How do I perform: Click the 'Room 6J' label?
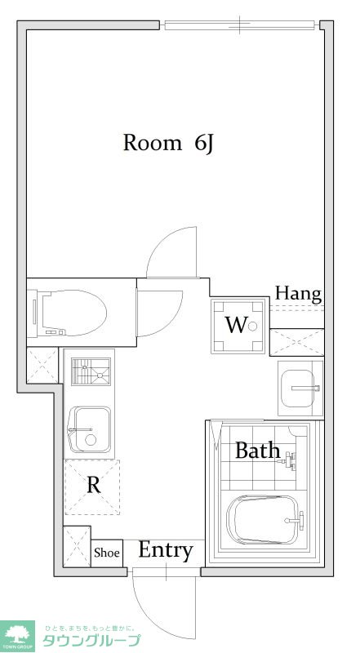(x=168, y=144)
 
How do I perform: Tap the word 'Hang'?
(x=298, y=294)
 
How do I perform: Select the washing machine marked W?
(x=238, y=326)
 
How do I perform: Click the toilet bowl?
(x=71, y=313)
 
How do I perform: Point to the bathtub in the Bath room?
(x=264, y=520)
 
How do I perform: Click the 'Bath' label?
(x=257, y=451)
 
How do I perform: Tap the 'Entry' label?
(x=166, y=550)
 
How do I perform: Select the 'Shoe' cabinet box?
(x=107, y=553)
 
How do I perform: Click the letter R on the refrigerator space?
(x=93, y=485)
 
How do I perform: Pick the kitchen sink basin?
(x=89, y=430)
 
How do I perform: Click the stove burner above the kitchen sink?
(x=91, y=372)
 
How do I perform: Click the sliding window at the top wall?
(x=239, y=25)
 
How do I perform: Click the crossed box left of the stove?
(x=42, y=365)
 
